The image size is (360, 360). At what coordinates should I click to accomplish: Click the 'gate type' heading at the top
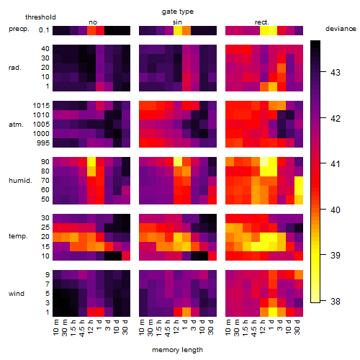178,12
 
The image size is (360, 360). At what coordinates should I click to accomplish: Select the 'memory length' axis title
178,350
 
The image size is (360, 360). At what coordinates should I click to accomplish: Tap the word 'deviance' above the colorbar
341,29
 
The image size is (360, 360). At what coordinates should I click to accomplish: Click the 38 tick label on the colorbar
336,301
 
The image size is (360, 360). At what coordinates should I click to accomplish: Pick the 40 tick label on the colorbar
336,210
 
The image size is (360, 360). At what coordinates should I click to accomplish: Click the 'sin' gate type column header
177,22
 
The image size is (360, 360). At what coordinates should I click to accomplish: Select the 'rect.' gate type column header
262,22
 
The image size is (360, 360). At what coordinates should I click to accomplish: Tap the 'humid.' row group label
20,181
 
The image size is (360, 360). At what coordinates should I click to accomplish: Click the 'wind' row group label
17,294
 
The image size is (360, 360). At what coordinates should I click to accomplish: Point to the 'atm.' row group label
16,125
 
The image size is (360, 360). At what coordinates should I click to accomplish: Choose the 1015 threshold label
41,106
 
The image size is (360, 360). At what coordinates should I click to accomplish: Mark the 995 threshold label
43,143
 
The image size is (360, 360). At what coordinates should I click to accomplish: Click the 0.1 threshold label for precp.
44,30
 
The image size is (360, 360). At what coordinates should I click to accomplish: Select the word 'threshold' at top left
40,17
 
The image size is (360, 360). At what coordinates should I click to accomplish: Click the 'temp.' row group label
18,236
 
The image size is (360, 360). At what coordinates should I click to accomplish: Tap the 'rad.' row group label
15,68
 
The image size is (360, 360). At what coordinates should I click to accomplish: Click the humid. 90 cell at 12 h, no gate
91,162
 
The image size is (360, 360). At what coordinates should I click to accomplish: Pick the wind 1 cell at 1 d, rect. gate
273,312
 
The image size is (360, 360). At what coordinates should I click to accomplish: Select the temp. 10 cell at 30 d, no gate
126,256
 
